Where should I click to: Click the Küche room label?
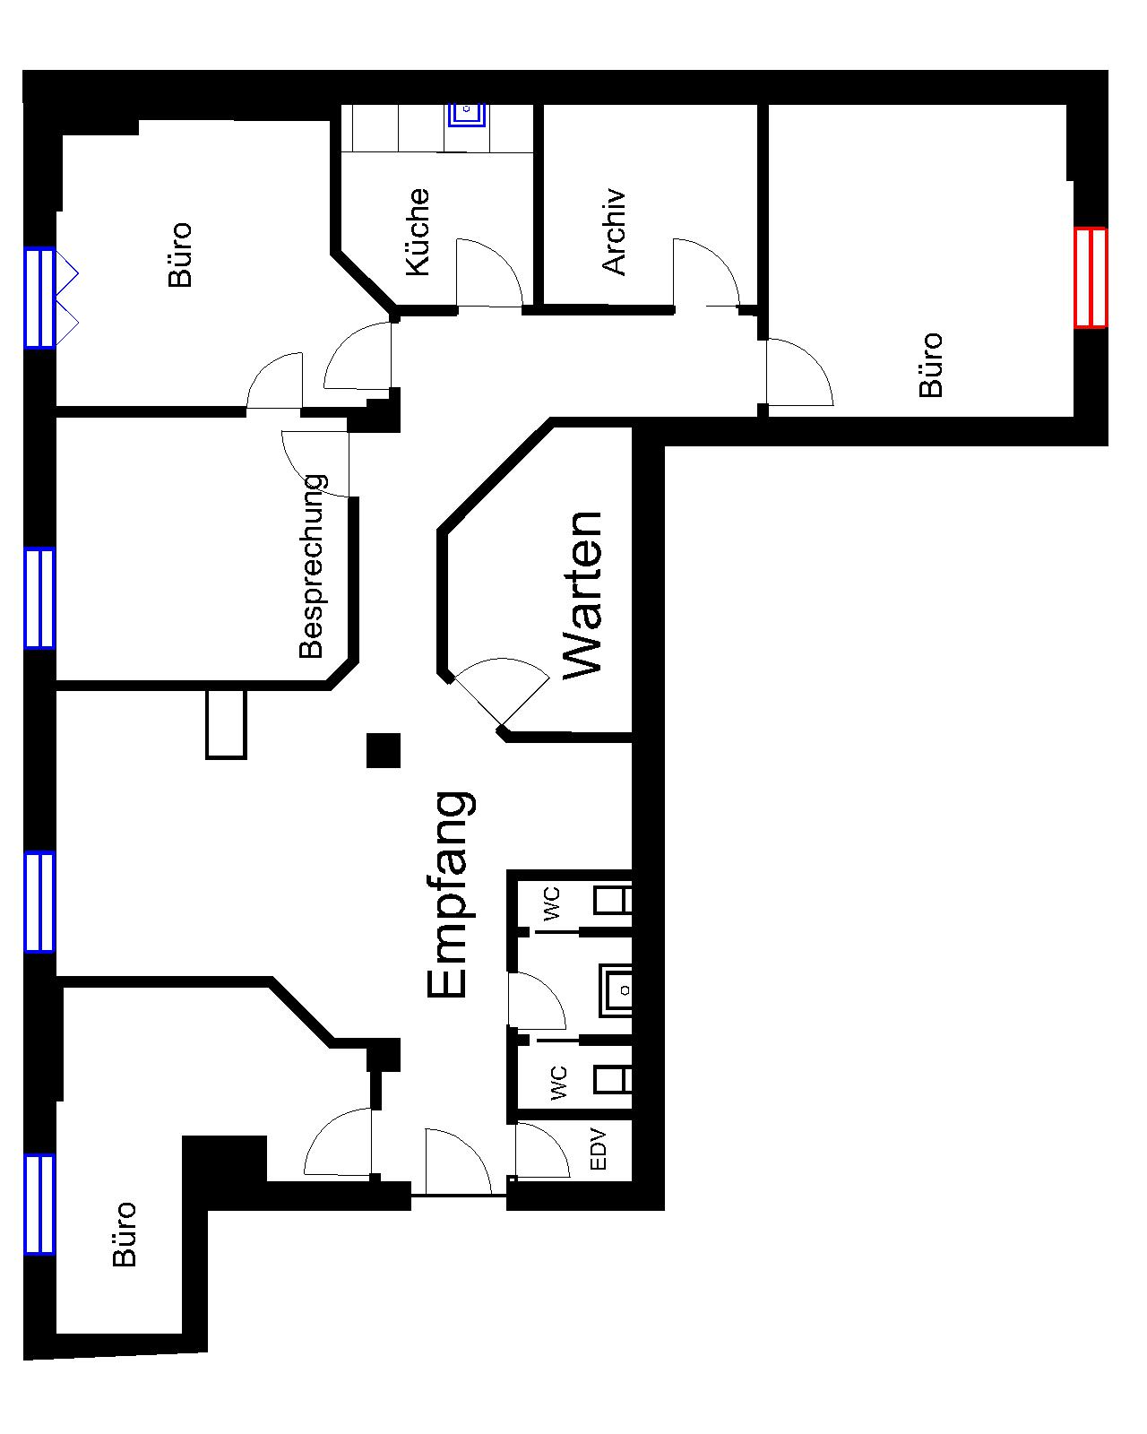coord(418,231)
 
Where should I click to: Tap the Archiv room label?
coord(614,231)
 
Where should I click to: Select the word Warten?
coord(582,596)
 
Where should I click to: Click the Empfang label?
coord(450,895)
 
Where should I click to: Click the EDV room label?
coord(598,1149)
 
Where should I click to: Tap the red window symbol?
coord(1091,278)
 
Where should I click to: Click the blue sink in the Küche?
coord(467,114)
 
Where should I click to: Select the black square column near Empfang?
coord(384,750)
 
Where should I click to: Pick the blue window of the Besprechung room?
coord(39,598)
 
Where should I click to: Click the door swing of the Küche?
coord(488,272)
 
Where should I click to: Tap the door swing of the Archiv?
coord(706,272)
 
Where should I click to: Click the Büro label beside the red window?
coord(930,365)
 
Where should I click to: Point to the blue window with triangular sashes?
coord(51,298)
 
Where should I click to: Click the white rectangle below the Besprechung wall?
coord(226,724)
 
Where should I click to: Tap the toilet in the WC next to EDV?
coord(612,1078)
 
